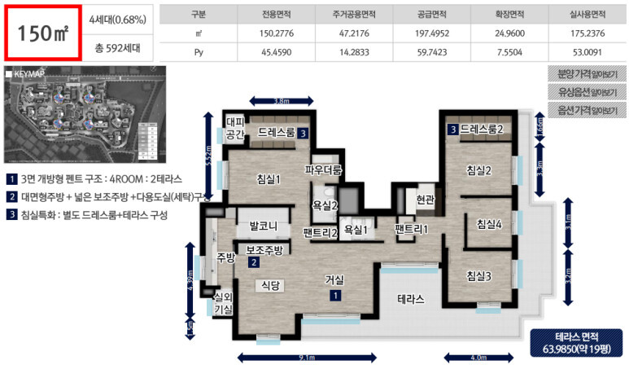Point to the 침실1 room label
(x=268, y=179)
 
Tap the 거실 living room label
(x=334, y=279)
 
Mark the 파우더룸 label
(x=324, y=169)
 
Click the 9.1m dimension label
(x=312, y=357)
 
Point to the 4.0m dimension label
(x=478, y=357)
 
